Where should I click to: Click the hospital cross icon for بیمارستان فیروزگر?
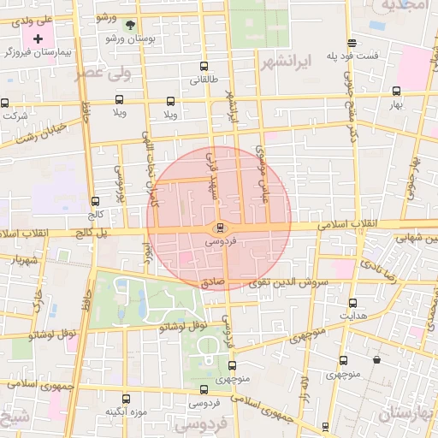(x=38, y=39)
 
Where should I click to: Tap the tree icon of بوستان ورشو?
(x=129, y=25)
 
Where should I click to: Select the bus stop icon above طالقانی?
(x=204, y=66)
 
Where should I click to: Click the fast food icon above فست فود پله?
(x=352, y=43)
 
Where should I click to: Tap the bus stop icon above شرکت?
(x=5, y=103)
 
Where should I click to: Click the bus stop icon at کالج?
(x=95, y=202)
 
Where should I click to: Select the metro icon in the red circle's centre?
(x=221, y=228)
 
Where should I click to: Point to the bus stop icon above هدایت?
(x=352, y=303)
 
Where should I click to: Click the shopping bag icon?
(x=376, y=359)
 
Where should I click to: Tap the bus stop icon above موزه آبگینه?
(x=127, y=399)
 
